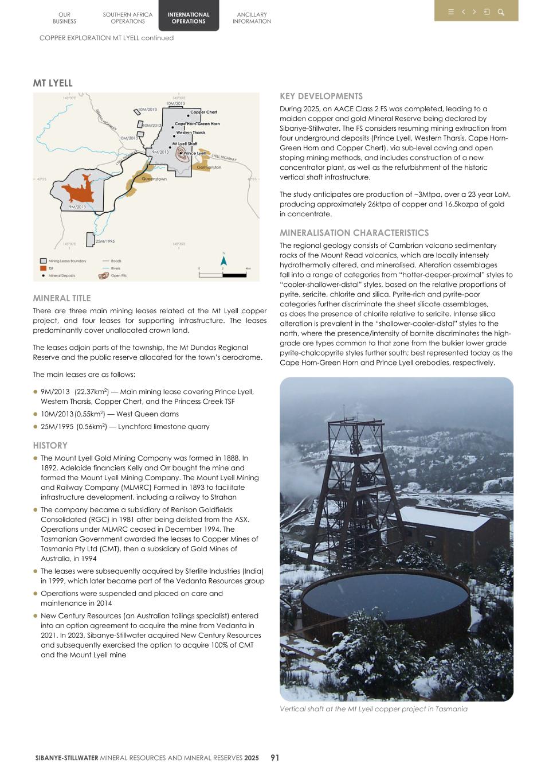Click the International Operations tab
click(189, 18)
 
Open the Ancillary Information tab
click(252, 18)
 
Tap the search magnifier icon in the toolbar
click(501, 12)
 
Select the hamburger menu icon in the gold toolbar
click(451, 12)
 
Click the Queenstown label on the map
click(154, 179)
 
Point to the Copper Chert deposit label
click(203, 112)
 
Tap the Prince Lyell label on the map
click(195, 154)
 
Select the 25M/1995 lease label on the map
click(105, 241)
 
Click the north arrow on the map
click(224, 260)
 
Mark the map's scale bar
click(223, 275)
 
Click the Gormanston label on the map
click(209, 167)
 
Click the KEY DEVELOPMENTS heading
click(321, 96)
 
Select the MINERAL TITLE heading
click(62, 298)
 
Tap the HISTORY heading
click(50, 446)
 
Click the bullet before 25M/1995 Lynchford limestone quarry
click(36, 427)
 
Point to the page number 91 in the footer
click(274, 758)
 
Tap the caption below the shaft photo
click(373, 709)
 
